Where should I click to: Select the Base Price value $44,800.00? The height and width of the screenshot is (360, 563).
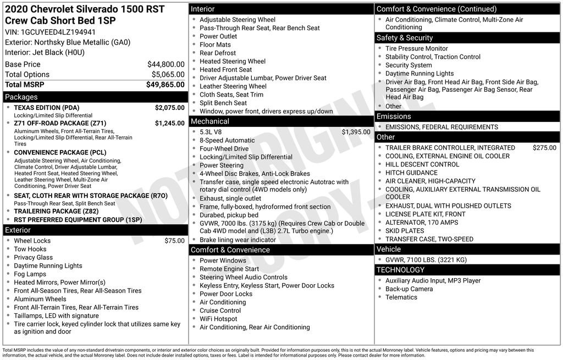pos(165,64)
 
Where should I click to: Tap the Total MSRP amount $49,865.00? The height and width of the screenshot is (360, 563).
pos(165,85)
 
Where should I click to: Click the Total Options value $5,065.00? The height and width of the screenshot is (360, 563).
pos(168,75)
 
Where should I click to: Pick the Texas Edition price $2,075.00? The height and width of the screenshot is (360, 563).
pos(169,108)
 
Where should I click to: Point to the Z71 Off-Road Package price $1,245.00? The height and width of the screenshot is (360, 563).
pos(169,123)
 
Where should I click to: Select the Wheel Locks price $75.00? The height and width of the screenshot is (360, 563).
pos(174,241)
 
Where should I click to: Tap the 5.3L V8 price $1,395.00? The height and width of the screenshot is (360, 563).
pos(356,132)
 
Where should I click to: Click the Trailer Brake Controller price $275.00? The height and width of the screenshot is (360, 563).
pos(544,148)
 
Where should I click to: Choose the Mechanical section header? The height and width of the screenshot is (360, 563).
pos(209,121)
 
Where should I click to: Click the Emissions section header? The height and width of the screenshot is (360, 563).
pos(393,117)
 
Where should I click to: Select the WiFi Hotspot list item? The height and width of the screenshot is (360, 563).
pos(218,319)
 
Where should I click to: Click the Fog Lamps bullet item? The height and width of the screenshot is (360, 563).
pos(30,274)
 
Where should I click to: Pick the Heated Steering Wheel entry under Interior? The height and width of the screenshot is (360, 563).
pos(232,62)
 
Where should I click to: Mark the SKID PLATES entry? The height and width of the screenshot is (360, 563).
pos(405,231)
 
